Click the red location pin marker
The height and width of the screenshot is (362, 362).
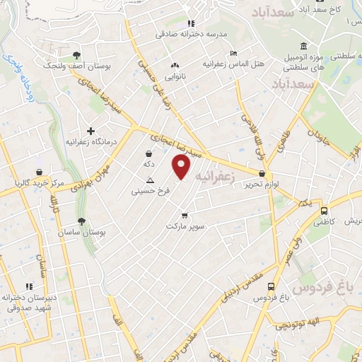click(182, 166)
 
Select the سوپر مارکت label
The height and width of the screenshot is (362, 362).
click(185, 227)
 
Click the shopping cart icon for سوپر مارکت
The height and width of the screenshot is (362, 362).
click(185, 216)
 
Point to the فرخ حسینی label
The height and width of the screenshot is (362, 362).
click(149, 191)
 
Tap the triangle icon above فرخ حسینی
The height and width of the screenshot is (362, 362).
click(149, 180)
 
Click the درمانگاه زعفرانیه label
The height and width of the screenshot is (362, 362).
click(90, 142)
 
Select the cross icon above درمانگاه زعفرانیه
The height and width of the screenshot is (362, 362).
click(90, 131)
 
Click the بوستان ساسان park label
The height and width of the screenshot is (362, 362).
click(81, 234)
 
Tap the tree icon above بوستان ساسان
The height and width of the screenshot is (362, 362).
click(81, 222)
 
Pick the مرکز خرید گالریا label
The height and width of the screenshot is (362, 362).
click(40, 183)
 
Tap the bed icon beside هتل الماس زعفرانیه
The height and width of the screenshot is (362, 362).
click(235, 54)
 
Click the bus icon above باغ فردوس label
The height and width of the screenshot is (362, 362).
click(271, 286)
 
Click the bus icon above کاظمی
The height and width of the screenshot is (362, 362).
click(324, 211)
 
